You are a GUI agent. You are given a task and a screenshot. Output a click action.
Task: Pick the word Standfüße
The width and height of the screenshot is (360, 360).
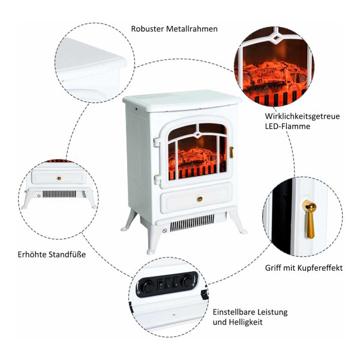click(68, 254)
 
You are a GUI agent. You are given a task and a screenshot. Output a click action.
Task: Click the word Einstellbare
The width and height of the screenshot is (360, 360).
click(236, 312)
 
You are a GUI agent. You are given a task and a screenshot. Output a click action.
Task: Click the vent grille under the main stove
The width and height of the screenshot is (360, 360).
click(193, 224)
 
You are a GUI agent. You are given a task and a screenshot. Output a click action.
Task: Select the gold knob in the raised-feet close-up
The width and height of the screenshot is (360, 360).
click(59, 177)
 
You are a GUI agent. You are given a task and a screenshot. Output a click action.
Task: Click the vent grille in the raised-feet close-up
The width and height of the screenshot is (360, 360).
click(62, 195)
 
